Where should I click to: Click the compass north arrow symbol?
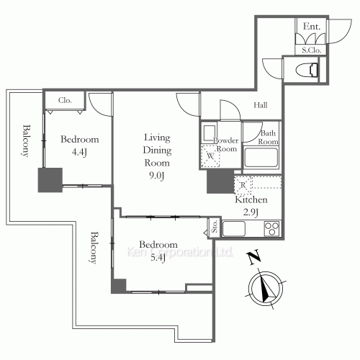(266, 289)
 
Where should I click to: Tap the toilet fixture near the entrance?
(308, 70)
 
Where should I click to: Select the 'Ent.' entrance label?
(311, 27)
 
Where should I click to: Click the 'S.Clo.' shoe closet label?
(311, 50)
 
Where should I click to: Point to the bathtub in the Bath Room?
(257, 157)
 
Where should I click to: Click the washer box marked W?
(212, 156)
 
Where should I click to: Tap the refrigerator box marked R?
(241, 185)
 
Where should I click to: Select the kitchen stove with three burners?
(272, 229)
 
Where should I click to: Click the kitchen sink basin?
(234, 229)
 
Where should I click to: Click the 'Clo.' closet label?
(65, 101)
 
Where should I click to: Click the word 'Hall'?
(261, 106)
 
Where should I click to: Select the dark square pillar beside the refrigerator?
(218, 181)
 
